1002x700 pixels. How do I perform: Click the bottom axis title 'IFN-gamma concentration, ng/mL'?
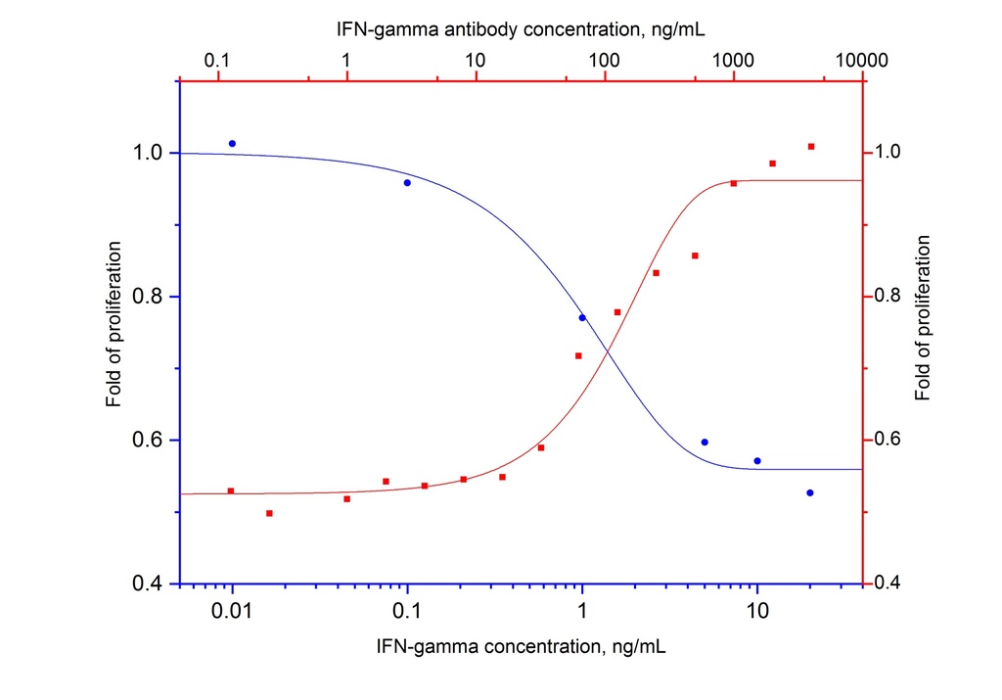point(521,647)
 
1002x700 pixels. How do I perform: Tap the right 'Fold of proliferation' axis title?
point(923,317)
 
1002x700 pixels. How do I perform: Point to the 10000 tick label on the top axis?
point(862,61)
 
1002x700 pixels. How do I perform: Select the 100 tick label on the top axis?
point(604,61)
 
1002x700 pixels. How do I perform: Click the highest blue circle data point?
point(232,144)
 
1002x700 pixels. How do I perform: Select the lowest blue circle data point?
point(810,492)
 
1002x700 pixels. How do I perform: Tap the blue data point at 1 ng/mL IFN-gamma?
point(582,317)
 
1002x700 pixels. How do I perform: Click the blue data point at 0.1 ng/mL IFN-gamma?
point(407,183)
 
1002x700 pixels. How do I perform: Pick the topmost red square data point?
point(811,147)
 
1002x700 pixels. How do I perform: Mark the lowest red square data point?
point(269,513)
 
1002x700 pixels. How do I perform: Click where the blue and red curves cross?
point(608,351)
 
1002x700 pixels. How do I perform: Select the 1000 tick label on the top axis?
point(733,61)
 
